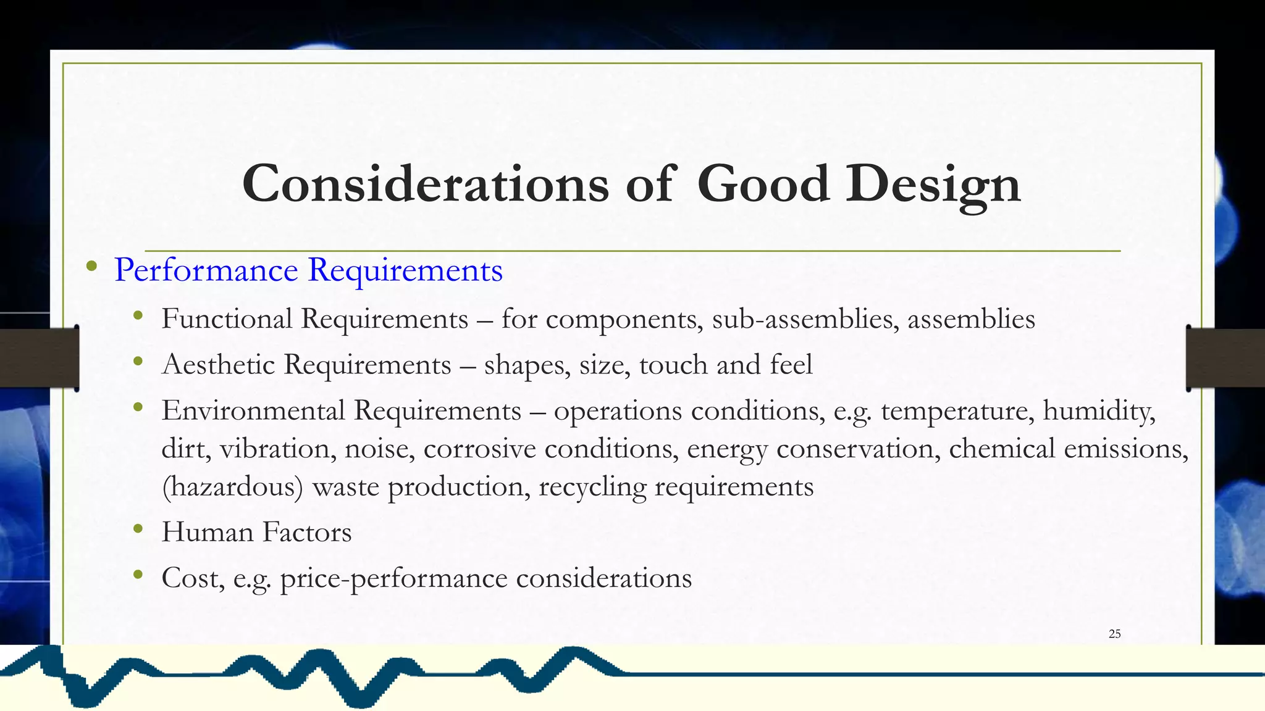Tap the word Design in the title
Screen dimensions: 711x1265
click(933, 184)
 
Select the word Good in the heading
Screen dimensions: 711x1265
click(763, 184)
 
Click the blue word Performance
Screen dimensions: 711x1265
click(206, 270)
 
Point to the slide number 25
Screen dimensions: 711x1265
click(1114, 634)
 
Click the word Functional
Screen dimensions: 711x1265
click(227, 319)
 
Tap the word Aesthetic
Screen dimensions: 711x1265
click(218, 365)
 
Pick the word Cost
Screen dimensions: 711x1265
click(193, 578)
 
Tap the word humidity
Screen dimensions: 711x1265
click(1099, 411)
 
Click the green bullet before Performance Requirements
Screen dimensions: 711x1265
click(92, 267)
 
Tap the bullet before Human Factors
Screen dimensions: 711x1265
click(138, 529)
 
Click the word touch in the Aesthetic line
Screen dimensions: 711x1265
click(673, 365)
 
